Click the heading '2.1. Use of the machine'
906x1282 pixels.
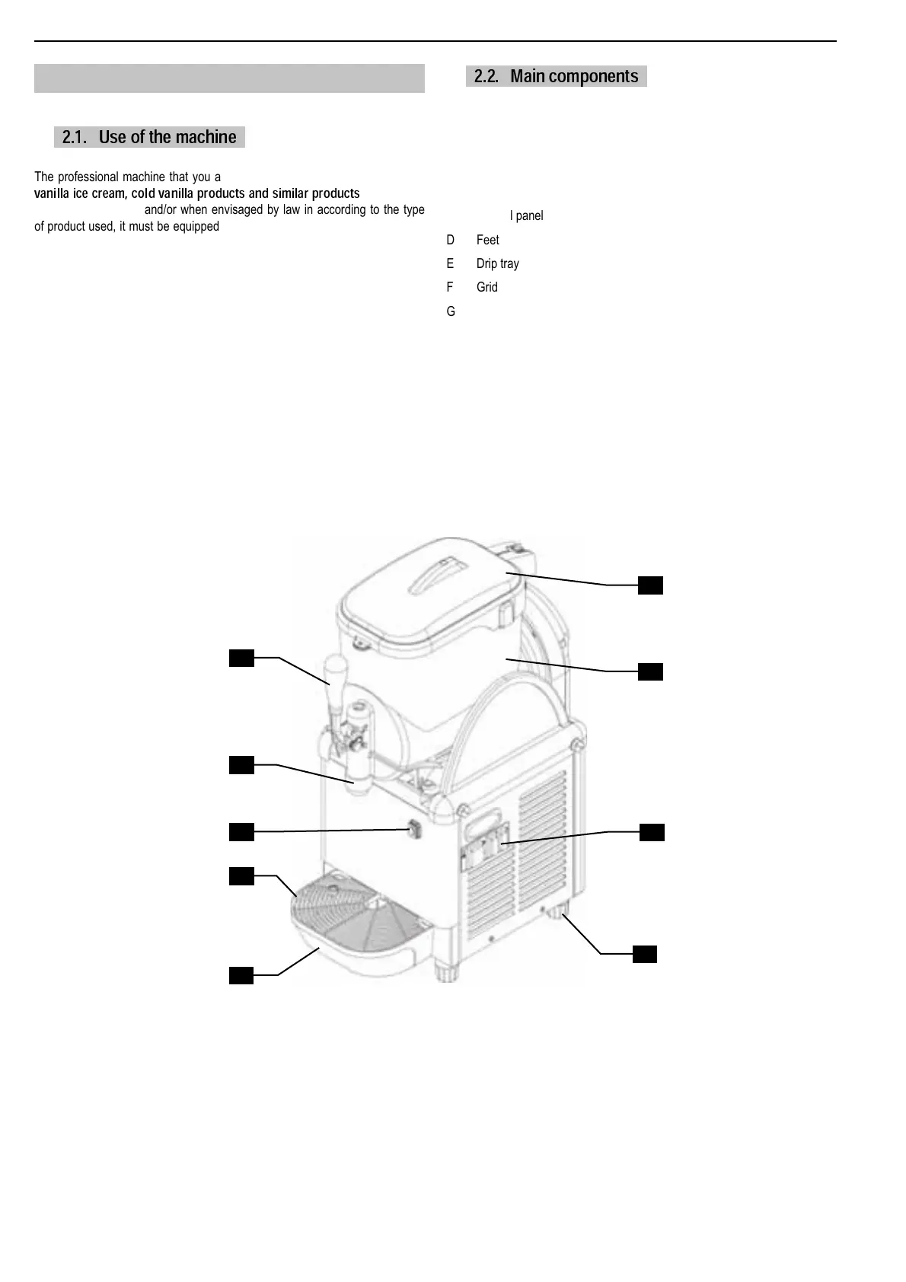point(149,137)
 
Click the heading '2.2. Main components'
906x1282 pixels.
point(556,76)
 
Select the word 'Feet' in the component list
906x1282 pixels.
point(487,240)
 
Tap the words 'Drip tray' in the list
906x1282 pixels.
point(497,263)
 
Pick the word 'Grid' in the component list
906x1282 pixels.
point(486,287)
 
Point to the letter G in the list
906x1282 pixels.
point(451,311)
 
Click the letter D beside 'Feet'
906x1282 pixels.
point(451,240)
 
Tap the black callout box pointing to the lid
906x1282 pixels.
point(650,585)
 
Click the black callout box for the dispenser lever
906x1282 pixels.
point(241,658)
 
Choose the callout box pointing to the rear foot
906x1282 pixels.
point(644,954)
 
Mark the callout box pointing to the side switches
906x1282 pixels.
point(652,832)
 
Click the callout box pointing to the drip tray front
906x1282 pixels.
point(241,975)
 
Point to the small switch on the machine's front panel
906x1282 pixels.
point(414,828)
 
